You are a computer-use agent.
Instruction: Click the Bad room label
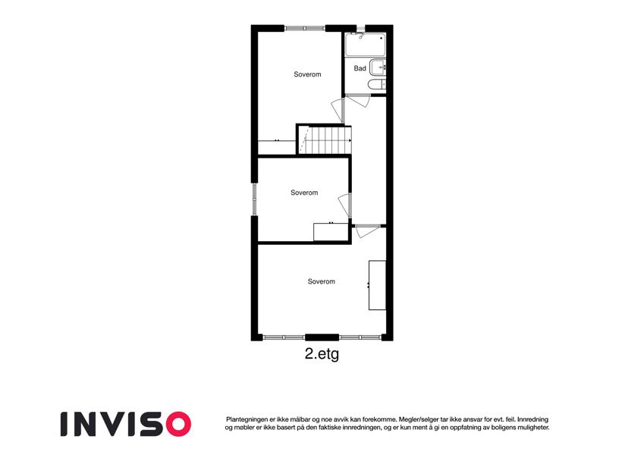coord(360,68)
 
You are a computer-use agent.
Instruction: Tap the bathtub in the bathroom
coord(365,44)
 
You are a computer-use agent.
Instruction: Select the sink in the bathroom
coord(378,67)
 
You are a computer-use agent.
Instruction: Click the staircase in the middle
coord(325,140)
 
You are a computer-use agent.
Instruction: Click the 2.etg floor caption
coord(322,354)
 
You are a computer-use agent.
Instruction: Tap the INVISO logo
coord(126,424)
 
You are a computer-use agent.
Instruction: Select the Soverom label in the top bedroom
coord(307,74)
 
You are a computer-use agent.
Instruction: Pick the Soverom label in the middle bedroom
coord(304,193)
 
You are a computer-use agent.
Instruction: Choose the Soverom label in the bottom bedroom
coord(321,281)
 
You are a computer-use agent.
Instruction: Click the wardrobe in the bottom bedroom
coord(377,285)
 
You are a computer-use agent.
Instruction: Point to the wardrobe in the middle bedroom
coord(331,232)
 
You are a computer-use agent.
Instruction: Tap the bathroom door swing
coord(359,101)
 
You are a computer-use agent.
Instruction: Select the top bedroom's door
coord(338,110)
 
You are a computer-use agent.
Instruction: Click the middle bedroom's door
coord(344,206)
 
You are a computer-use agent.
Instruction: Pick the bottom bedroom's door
coord(367,231)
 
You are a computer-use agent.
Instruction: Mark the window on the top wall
coord(305,28)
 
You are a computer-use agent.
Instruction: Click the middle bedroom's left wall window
coord(254,199)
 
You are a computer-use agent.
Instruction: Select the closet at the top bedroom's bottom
coord(277,147)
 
